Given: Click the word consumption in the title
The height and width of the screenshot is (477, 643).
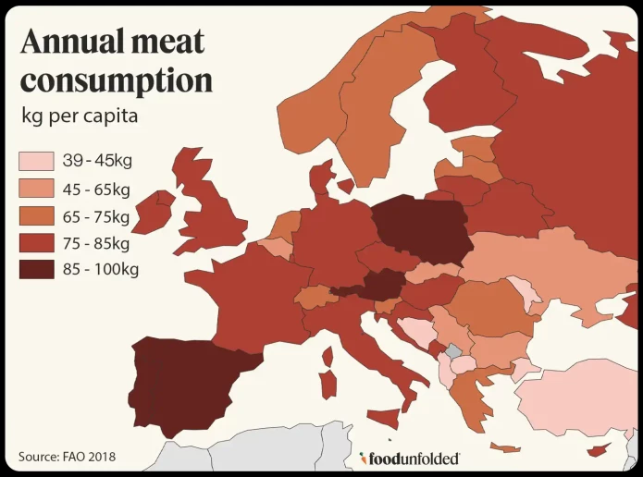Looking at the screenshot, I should [117, 80].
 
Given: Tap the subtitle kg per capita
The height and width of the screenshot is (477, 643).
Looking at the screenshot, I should [80, 117].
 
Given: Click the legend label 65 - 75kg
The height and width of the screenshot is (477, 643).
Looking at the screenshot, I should [96, 216].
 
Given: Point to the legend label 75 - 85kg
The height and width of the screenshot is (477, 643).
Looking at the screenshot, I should [96, 244].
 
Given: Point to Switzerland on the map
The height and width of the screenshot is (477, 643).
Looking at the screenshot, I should [315, 298].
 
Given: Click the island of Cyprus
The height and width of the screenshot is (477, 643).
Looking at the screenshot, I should [601, 448].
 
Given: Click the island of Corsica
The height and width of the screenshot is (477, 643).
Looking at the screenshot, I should [327, 355].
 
